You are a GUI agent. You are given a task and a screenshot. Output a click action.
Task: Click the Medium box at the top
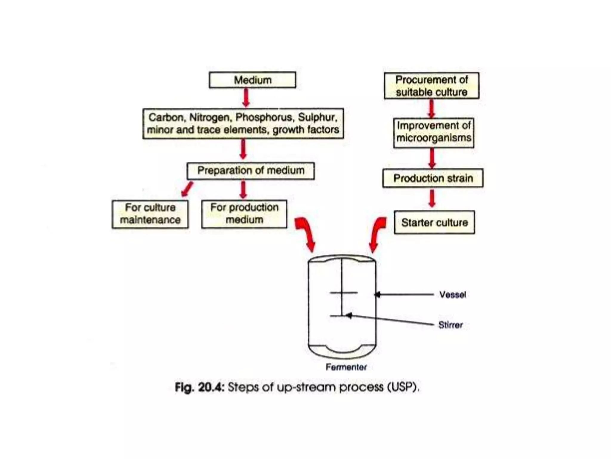[x=252, y=80]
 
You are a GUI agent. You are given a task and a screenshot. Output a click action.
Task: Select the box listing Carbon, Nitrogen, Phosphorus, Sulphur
[x=243, y=123]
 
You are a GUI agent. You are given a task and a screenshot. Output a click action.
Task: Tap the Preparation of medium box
[x=251, y=171]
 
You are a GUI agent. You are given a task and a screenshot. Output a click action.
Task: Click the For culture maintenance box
[x=150, y=214]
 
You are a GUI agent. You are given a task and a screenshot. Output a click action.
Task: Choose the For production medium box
[x=244, y=214]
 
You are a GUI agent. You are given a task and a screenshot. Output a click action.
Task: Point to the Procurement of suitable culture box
[x=431, y=86]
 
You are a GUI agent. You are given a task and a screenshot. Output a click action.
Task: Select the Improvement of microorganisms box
[x=433, y=132]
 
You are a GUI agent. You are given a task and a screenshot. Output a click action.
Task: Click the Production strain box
[x=433, y=178]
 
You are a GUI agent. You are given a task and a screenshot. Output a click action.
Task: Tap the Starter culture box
[x=434, y=222]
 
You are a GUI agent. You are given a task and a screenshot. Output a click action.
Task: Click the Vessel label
[x=452, y=295]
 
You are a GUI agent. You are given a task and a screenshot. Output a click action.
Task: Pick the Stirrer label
[x=450, y=325]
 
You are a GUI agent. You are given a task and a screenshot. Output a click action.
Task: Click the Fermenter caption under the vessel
[x=346, y=367]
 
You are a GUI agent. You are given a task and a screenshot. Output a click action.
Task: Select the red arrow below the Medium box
[x=246, y=97]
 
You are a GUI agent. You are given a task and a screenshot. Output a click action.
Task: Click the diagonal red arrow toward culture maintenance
[x=187, y=189]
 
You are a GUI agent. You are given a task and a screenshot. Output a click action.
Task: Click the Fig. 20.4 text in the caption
[x=199, y=387]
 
